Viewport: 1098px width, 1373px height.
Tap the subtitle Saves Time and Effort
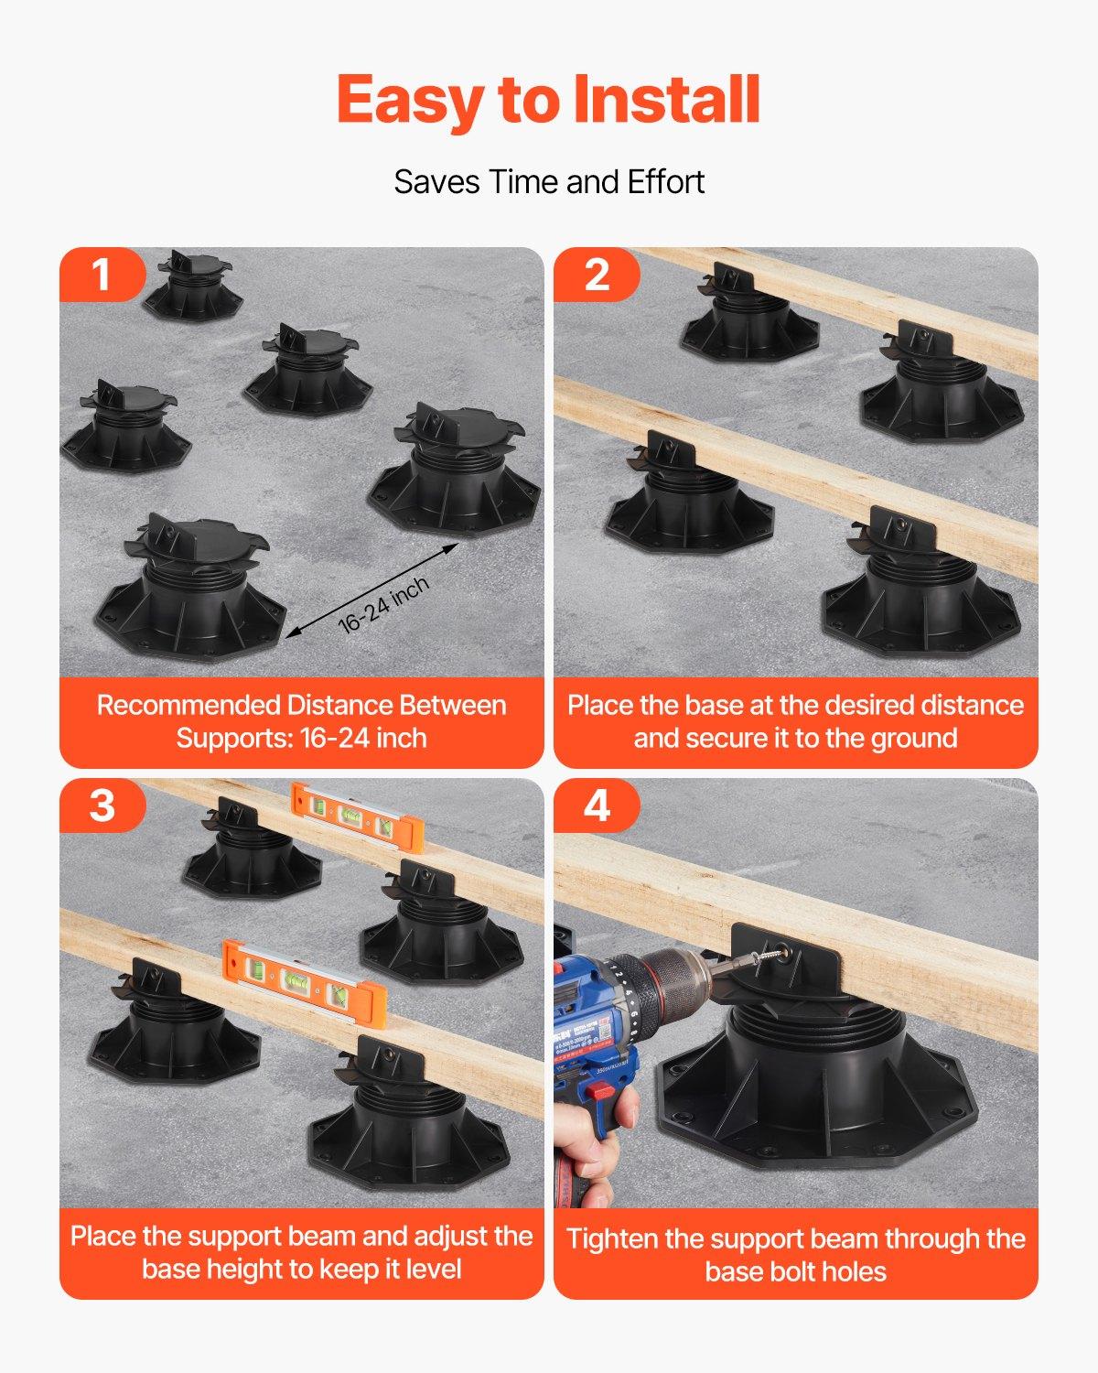click(549, 182)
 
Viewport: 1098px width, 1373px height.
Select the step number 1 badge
click(102, 275)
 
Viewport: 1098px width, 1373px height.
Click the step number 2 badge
click(597, 275)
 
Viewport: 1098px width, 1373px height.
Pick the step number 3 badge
click(102, 805)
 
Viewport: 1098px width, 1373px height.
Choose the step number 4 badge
click(597, 805)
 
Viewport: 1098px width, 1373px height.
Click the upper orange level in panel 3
click(358, 815)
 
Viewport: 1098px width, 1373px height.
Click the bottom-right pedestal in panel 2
click(920, 586)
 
